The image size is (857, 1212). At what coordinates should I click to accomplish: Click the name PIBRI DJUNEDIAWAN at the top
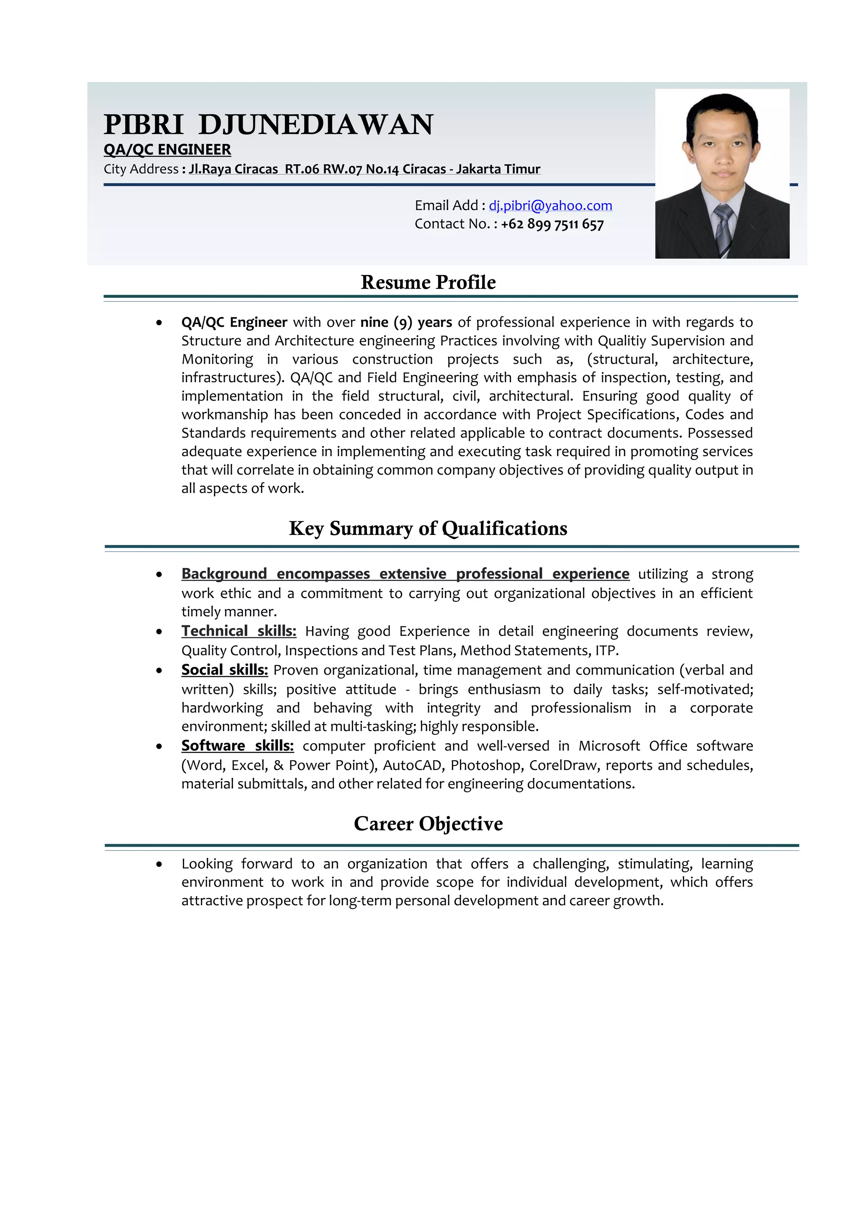(x=268, y=125)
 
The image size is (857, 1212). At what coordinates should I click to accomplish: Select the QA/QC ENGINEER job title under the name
(x=167, y=150)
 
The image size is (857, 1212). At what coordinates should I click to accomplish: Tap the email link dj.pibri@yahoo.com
(x=550, y=205)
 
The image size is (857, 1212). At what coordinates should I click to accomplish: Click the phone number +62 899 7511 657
(x=552, y=224)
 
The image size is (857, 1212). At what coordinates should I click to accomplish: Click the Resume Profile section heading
(x=428, y=282)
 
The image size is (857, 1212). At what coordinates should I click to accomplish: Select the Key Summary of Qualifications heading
(x=428, y=529)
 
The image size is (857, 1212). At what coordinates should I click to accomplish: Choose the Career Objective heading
(x=428, y=824)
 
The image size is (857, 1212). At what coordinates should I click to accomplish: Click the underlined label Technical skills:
(x=239, y=632)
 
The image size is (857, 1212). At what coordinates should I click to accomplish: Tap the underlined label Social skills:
(x=224, y=670)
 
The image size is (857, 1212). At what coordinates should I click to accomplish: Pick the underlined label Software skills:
(x=237, y=746)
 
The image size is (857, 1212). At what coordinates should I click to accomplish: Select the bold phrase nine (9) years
(x=406, y=323)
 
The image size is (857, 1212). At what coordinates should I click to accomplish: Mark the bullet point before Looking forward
(x=159, y=865)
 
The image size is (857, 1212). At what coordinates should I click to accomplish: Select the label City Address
(x=141, y=169)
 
